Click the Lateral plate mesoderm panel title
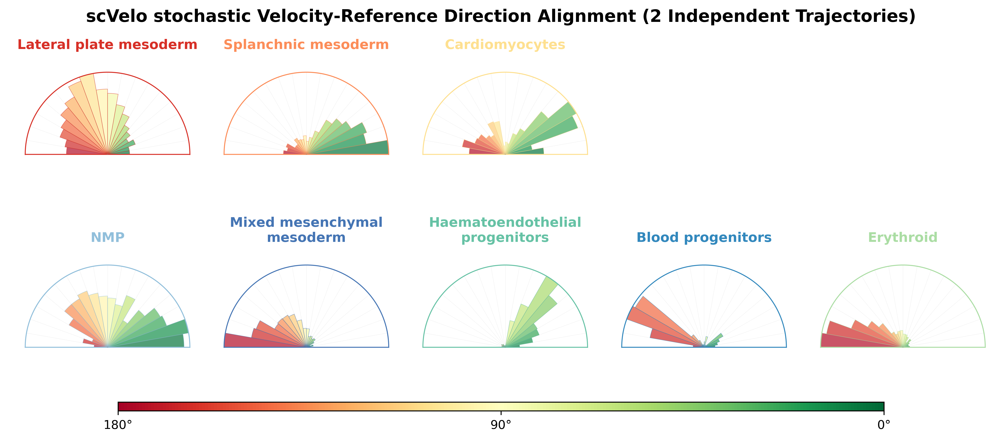coord(107,45)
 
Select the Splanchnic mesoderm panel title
coord(306,45)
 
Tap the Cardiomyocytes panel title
coord(505,45)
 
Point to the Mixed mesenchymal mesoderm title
coord(306,230)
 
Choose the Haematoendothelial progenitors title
coord(505,230)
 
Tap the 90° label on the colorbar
coord(501,425)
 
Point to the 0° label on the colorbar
coord(884,425)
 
